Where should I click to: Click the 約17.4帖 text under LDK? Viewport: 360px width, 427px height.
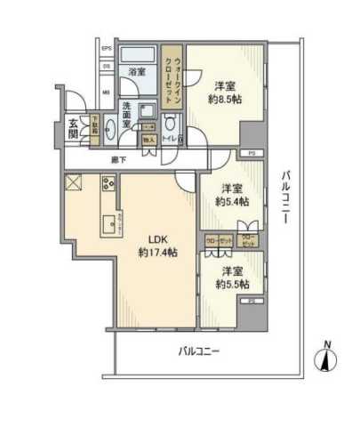157,254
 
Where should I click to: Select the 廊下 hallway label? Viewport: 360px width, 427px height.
118,159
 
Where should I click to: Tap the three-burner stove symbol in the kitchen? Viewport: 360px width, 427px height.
108,184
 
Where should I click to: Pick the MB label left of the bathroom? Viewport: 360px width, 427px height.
105,92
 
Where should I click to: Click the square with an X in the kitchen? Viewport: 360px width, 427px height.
73,185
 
